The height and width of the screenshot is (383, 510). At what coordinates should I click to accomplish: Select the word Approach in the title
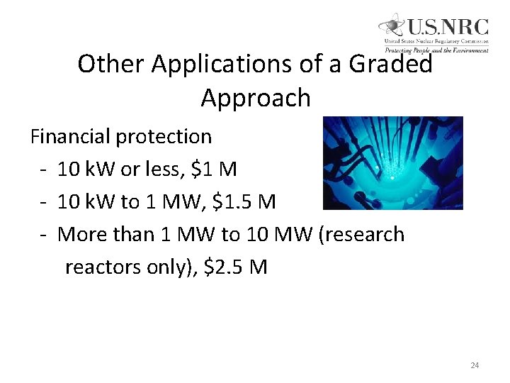click(x=256, y=98)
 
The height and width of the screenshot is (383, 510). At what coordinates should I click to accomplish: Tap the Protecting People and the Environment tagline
click(x=436, y=50)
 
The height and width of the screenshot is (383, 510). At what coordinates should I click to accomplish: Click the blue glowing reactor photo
click(x=392, y=163)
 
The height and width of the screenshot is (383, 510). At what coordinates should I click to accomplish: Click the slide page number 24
click(x=475, y=365)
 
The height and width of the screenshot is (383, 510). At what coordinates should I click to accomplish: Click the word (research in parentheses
click(x=362, y=235)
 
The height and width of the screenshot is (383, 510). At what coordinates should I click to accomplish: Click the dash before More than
click(x=44, y=235)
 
